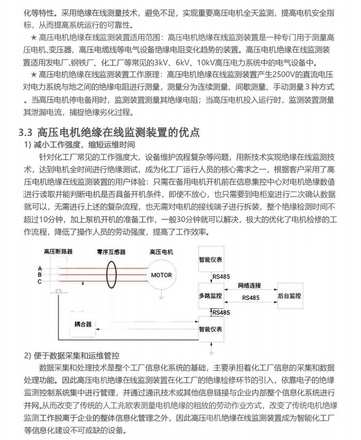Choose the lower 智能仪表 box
[211, 328]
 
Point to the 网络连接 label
[249, 285]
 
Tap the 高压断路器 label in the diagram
[58, 252]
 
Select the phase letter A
[40, 268]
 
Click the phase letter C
[40, 281]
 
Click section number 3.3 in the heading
[26, 132]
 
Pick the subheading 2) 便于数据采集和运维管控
[72, 356]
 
